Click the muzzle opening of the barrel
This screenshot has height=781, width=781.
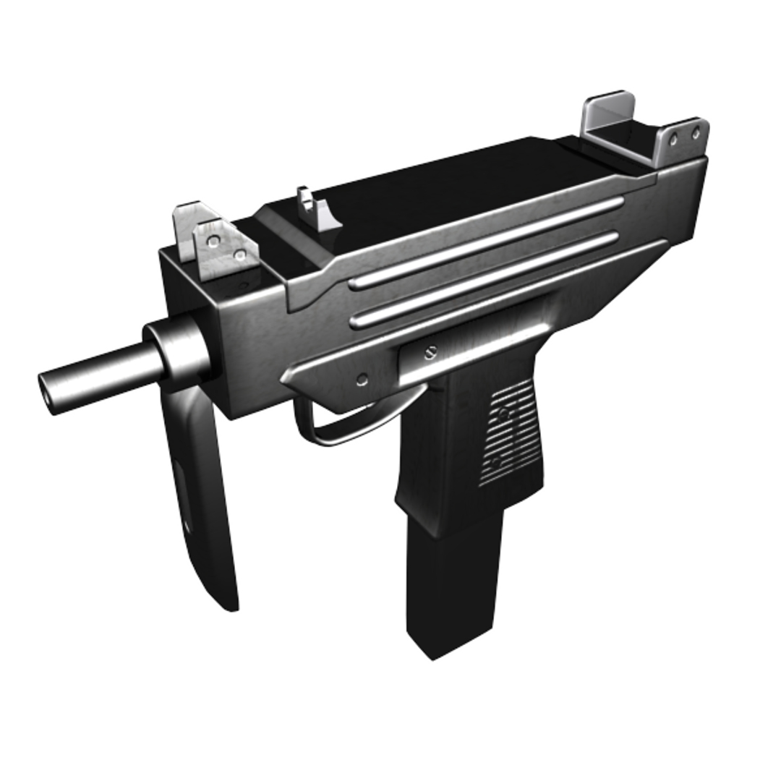point(48,395)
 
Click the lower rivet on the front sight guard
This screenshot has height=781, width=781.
point(239,255)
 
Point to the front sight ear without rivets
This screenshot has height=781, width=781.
point(185,228)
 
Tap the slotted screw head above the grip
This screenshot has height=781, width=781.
point(432,352)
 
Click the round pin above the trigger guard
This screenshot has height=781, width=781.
point(362,378)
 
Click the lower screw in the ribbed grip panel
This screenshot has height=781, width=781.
point(496,461)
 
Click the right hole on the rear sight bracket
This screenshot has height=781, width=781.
point(696,134)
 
